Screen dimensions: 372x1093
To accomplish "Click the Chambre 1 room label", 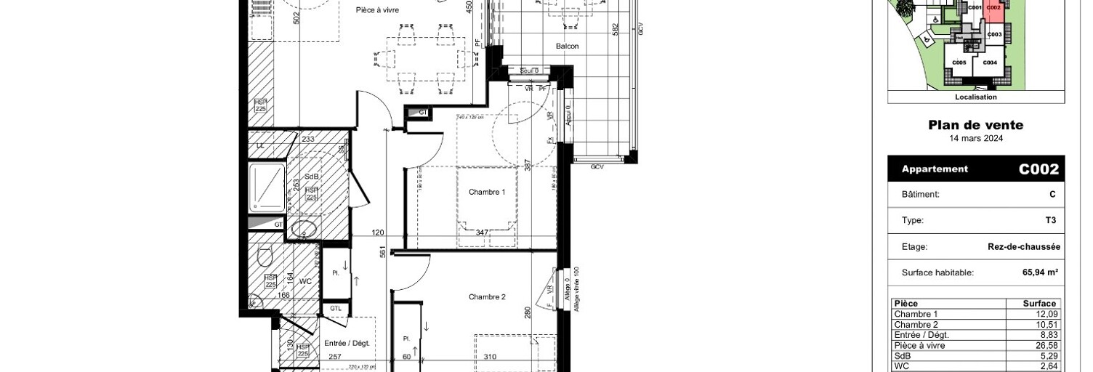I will [x=487, y=192].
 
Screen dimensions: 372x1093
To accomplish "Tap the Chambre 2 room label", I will [x=487, y=296].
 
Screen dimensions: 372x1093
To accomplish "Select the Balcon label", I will [x=568, y=46].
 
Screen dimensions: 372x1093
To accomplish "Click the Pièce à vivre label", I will [x=377, y=10].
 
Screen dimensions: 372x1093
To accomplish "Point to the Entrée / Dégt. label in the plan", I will [x=347, y=343].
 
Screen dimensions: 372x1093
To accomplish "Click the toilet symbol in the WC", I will [x=265, y=256].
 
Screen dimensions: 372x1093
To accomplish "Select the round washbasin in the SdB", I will [x=304, y=229].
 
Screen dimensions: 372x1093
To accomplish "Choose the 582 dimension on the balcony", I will [x=616, y=29].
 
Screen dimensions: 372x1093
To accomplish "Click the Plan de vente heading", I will [x=975, y=125].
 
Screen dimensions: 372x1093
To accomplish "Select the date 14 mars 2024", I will [x=975, y=138].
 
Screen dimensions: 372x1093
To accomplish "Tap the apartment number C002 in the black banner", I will [x=1038, y=169].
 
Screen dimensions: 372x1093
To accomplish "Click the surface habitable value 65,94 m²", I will [x=1040, y=273].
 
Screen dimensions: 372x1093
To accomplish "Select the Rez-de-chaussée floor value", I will [x=1023, y=247].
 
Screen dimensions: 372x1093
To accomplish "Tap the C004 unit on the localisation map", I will [x=989, y=63].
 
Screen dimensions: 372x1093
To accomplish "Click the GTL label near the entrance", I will [x=335, y=309].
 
